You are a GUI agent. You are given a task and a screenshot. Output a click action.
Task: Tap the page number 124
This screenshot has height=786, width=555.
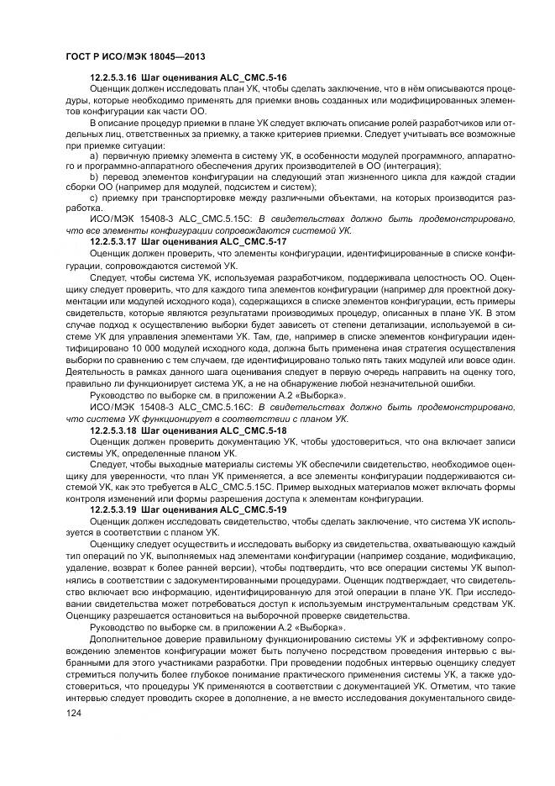(74, 713)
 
